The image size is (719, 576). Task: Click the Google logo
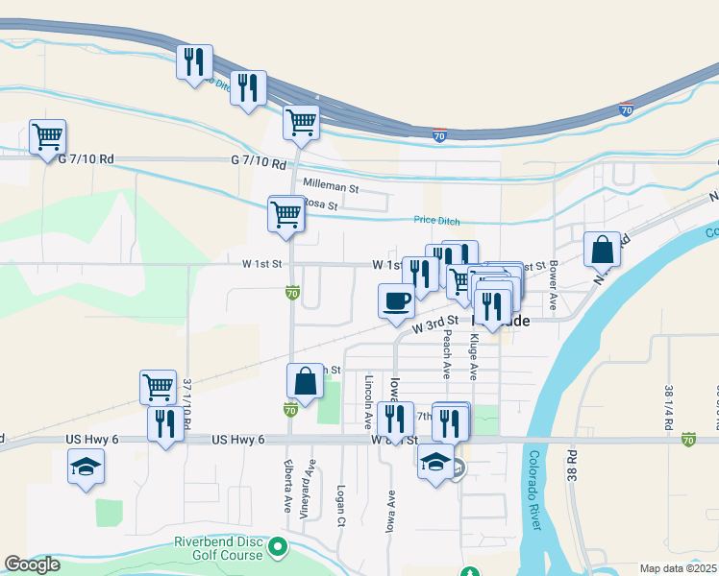[32, 564]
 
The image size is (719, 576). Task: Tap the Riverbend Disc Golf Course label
[218, 548]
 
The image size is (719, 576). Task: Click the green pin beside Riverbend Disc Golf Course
[279, 548]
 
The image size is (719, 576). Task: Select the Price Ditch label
[437, 220]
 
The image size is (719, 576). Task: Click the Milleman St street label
[330, 182]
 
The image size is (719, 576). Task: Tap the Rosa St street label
[320, 204]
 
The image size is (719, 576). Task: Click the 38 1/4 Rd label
[667, 407]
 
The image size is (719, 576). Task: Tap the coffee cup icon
[396, 301]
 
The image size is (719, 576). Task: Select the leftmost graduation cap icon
[86, 468]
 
